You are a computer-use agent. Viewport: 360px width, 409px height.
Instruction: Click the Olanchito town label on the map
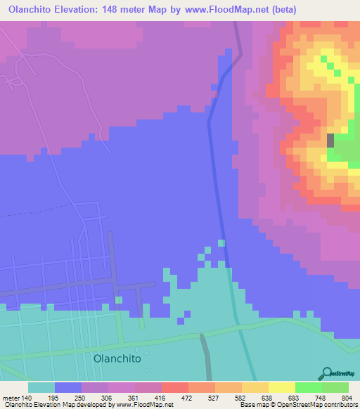[x=117, y=358]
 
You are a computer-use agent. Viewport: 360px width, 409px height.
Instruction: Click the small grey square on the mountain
[x=330, y=139]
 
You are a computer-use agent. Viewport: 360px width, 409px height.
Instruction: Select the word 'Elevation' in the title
[x=89, y=10]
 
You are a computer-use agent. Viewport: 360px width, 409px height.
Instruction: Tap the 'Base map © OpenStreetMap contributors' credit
[x=299, y=405]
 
